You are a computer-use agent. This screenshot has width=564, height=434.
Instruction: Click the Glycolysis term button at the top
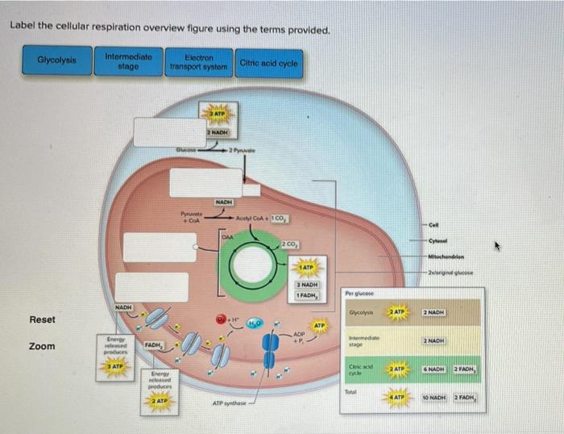point(56,61)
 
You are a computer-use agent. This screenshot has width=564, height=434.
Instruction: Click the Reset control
point(42,319)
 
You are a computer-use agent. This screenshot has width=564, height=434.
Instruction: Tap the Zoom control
point(42,346)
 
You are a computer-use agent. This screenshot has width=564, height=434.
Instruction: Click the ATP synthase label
point(231,403)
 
